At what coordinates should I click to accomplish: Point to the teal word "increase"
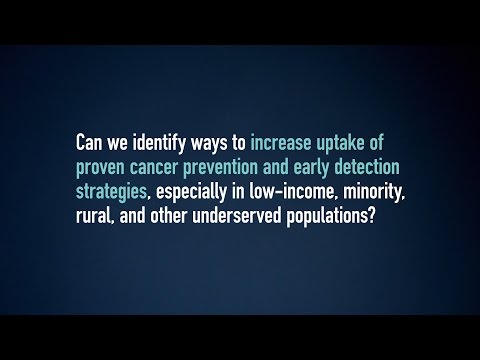pos(280,143)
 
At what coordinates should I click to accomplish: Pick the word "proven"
pos(100,169)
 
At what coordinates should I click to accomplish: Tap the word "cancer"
pos(153,169)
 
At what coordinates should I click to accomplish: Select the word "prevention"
pos(220,168)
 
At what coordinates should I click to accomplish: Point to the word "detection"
pos(367,167)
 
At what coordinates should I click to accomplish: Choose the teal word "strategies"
pos(111,193)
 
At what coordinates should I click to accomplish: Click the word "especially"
pos(191,193)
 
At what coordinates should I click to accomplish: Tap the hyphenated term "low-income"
pos(292,191)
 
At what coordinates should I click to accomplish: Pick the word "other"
pos(168,216)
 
